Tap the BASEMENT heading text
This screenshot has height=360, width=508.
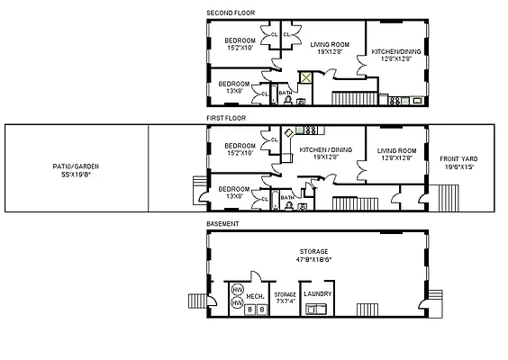coord(222,223)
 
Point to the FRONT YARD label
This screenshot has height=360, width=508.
coord(457,159)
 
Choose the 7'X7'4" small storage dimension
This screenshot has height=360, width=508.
coord(285,301)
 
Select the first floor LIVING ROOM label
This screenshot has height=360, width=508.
coord(395,151)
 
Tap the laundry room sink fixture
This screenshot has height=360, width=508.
coord(317,310)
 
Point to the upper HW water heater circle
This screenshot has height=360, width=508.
coord(238,289)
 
